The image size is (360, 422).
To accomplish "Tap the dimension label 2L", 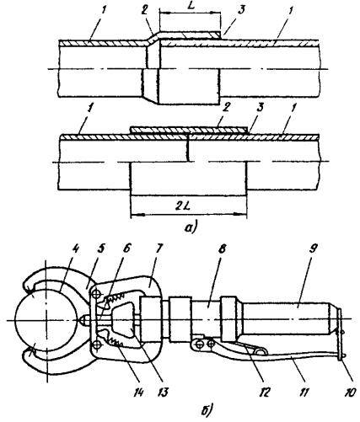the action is (x=183, y=206).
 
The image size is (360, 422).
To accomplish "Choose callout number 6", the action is (x=126, y=249).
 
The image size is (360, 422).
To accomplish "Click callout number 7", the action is (x=159, y=249).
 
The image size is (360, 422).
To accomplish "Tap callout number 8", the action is (x=222, y=249).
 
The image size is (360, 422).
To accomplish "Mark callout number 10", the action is (x=349, y=392).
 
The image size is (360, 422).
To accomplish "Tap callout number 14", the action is (x=138, y=392).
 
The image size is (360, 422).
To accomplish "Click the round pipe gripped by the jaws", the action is (x=47, y=320).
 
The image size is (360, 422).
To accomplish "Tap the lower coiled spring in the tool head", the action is (x=116, y=342).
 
